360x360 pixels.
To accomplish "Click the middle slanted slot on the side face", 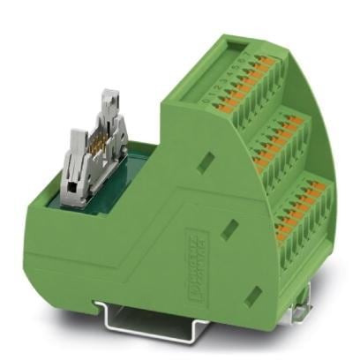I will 230,226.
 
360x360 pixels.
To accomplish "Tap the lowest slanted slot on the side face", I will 254,291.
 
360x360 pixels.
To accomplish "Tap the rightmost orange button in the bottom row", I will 328,189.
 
